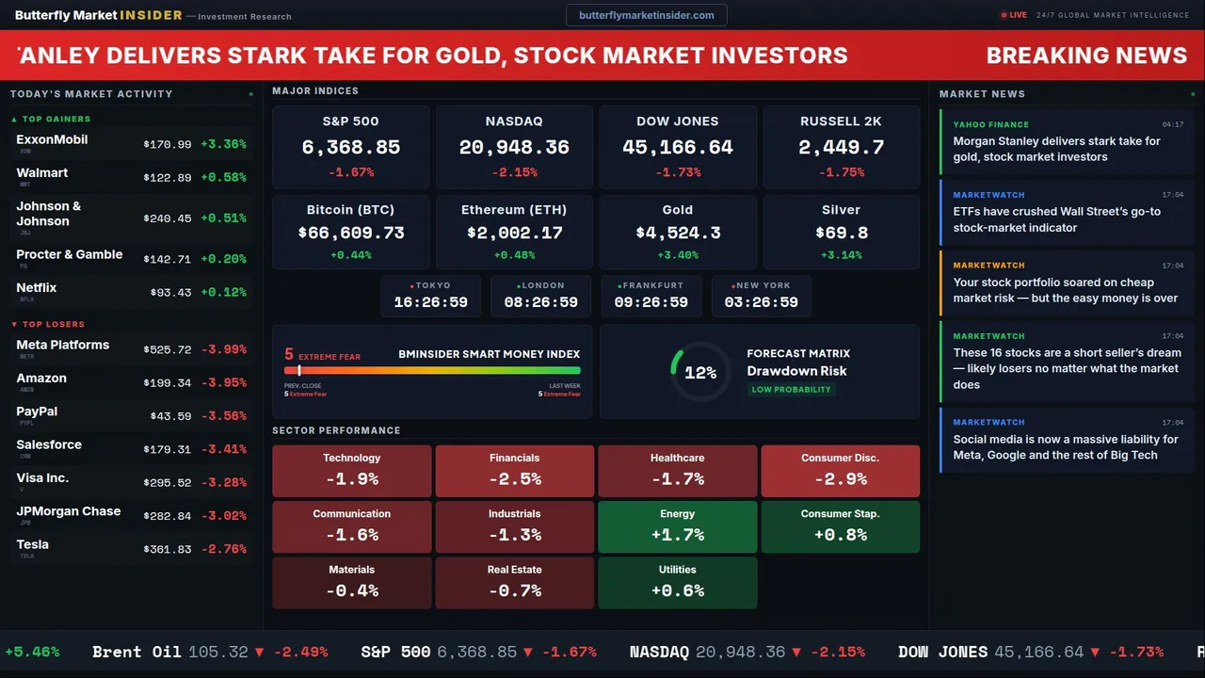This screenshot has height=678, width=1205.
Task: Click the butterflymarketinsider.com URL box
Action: click(647, 15)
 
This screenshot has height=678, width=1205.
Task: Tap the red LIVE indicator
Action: click(1013, 15)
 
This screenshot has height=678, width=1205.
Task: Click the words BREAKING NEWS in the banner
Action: click(1086, 56)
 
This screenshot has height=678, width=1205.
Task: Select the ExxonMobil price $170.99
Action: click(168, 145)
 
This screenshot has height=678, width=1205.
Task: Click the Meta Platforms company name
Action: click(63, 345)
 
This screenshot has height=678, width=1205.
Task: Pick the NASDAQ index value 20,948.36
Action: click(514, 147)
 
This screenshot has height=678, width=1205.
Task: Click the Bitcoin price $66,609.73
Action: click(351, 233)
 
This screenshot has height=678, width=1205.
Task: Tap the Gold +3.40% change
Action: click(677, 255)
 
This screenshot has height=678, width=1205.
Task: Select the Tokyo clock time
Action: click(430, 302)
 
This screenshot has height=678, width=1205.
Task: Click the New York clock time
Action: click(761, 302)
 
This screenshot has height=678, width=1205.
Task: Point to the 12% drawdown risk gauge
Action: click(699, 373)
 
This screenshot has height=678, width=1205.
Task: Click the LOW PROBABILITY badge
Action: click(791, 390)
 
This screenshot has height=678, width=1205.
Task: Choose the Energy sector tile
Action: click(677, 526)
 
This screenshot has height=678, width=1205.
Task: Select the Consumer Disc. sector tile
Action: click(840, 471)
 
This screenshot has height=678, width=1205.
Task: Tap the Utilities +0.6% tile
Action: click(677, 583)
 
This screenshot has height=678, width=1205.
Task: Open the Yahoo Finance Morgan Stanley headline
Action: click(1056, 149)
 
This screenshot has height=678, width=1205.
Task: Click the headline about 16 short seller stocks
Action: click(1067, 368)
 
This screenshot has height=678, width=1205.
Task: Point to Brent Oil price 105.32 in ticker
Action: click(218, 652)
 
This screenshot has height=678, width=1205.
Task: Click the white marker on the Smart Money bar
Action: click(299, 371)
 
